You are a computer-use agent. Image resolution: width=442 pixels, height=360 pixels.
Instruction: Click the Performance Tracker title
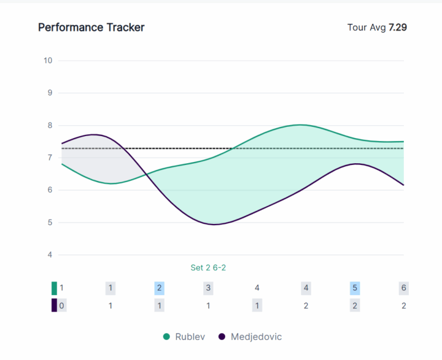[x=91, y=28]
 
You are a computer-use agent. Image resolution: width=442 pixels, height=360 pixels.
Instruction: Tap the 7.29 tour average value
[x=398, y=28]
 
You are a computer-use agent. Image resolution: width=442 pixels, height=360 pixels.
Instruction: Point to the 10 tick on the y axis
[x=48, y=60]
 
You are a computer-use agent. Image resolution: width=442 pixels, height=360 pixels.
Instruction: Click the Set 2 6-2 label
[x=209, y=267]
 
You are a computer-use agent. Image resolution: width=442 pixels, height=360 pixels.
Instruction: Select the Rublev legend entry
[x=190, y=337]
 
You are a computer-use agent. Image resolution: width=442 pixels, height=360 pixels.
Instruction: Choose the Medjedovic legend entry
[x=256, y=337]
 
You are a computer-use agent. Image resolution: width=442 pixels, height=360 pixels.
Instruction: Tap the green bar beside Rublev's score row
[x=54, y=288]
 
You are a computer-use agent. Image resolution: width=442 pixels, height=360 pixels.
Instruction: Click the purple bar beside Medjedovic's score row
[x=54, y=305]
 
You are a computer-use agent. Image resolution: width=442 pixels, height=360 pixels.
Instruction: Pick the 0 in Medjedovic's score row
[x=62, y=305]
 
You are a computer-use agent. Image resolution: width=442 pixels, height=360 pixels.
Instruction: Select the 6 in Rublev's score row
[x=404, y=288]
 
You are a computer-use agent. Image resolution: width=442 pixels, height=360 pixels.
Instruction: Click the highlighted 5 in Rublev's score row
[x=355, y=288]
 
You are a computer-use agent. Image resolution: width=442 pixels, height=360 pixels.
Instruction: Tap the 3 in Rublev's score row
[x=208, y=288]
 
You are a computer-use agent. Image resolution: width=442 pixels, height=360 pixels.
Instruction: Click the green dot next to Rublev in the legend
[x=166, y=337]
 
